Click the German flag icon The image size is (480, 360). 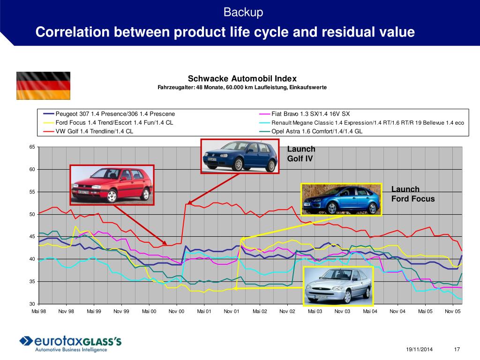point(43,85)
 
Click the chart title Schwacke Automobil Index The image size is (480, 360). point(242,79)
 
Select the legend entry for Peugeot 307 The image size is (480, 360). point(115,114)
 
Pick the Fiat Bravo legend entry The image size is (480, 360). point(310,114)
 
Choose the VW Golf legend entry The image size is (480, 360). point(94,131)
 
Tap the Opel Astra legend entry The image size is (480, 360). point(317,131)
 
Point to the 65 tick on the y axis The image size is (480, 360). point(32,147)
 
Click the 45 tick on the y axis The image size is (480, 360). point(32,237)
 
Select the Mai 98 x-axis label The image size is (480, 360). point(38,311)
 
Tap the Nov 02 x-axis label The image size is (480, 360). point(287,311)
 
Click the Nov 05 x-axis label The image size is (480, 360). point(452,311)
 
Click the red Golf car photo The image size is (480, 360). point(112,185)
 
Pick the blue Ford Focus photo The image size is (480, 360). point(341,199)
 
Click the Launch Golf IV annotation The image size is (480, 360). point(301,154)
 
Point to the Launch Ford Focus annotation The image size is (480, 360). point(412,194)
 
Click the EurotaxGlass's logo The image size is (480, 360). point(70,344)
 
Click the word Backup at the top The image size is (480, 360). point(243,12)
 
